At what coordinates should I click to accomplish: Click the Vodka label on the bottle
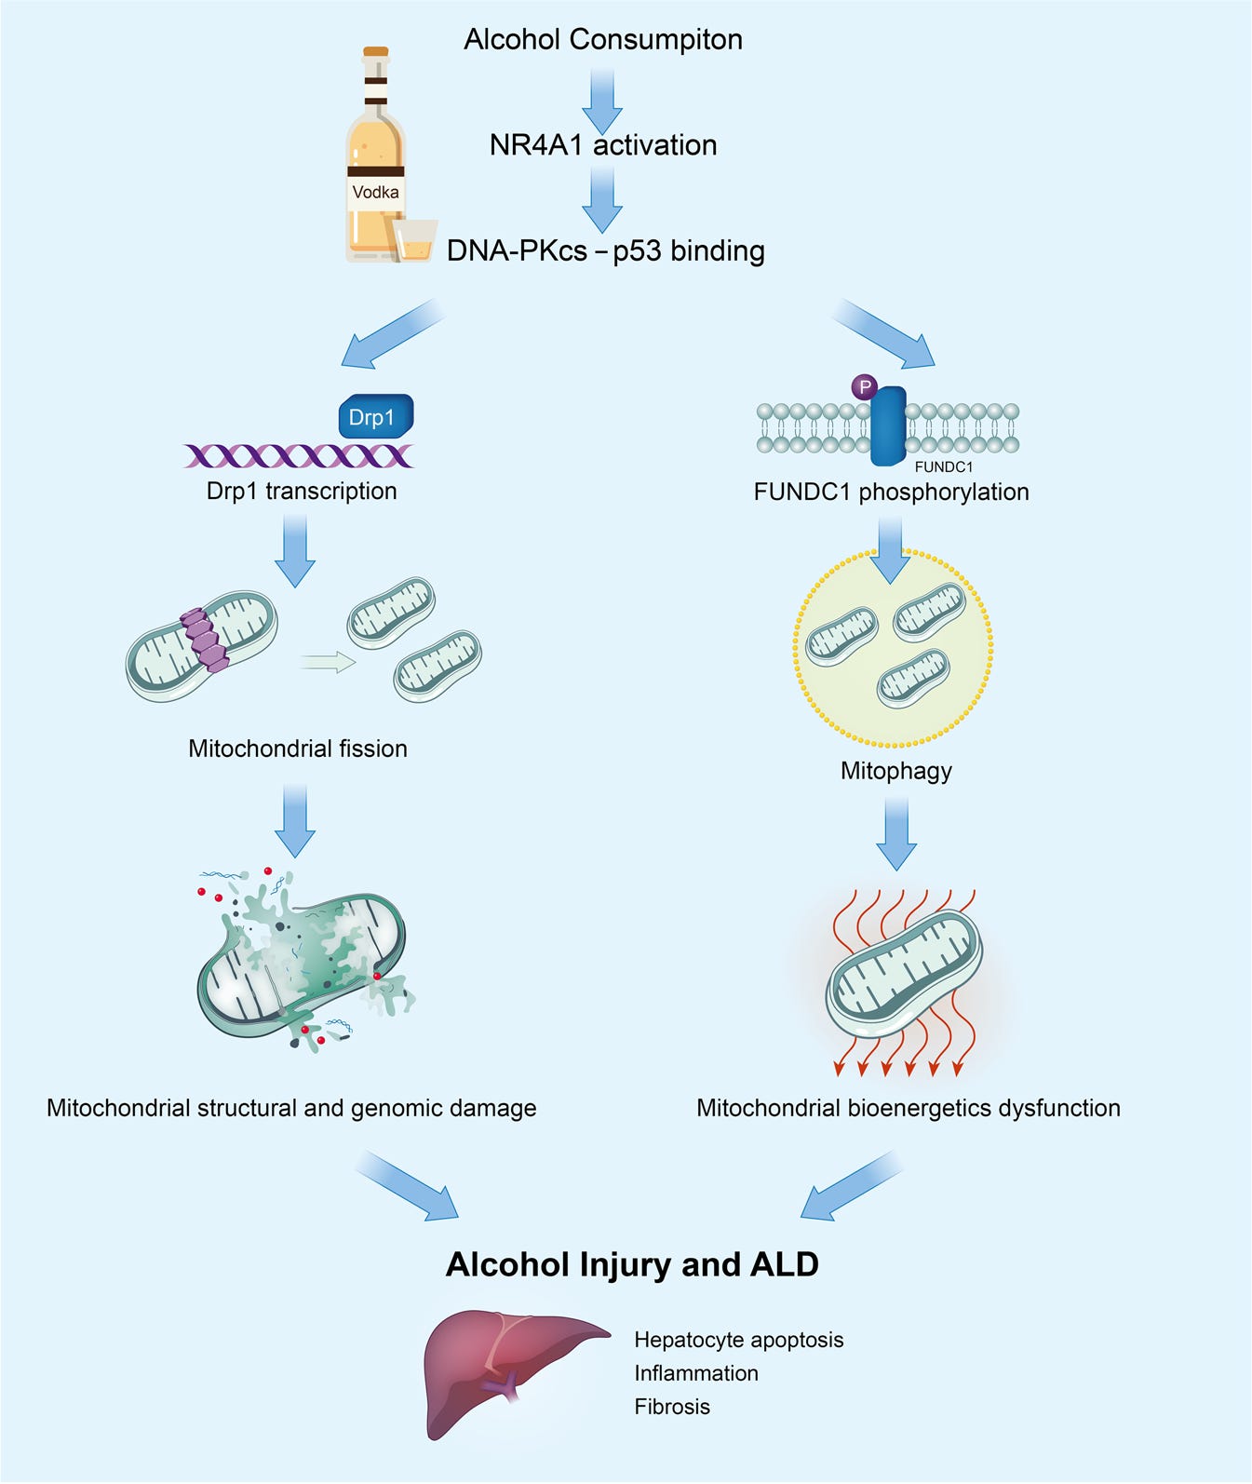click(x=375, y=193)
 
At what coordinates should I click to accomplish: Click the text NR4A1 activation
click(x=603, y=145)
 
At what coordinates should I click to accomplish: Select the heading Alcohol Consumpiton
click(x=603, y=40)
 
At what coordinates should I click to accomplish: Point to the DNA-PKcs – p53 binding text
click(x=606, y=250)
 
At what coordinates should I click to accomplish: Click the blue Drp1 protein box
click(x=374, y=416)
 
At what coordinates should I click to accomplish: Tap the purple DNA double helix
click(x=299, y=455)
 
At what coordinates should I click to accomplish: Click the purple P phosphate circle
click(x=865, y=386)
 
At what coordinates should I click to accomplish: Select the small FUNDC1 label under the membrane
click(x=943, y=466)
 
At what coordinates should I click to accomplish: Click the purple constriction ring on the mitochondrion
click(x=205, y=640)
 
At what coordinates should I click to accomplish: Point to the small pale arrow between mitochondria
click(x=328, y=662)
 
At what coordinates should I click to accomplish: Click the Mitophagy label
click(x=895, y=771)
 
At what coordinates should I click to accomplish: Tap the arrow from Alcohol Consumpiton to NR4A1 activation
click(x=602, y=99)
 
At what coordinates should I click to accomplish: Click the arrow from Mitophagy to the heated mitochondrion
click(x=895, y=833)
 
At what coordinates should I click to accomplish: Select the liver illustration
click(x=507, y=1369)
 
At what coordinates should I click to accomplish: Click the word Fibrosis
click(x=672, y=1407)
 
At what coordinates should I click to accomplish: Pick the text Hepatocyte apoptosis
click(x=738, y=1340)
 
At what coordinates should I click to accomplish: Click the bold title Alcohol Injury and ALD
click(x=632, y=1264)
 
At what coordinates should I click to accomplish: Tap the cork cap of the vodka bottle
click(x=376, y=54)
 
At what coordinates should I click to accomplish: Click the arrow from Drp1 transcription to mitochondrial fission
click(x=295, y=549)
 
